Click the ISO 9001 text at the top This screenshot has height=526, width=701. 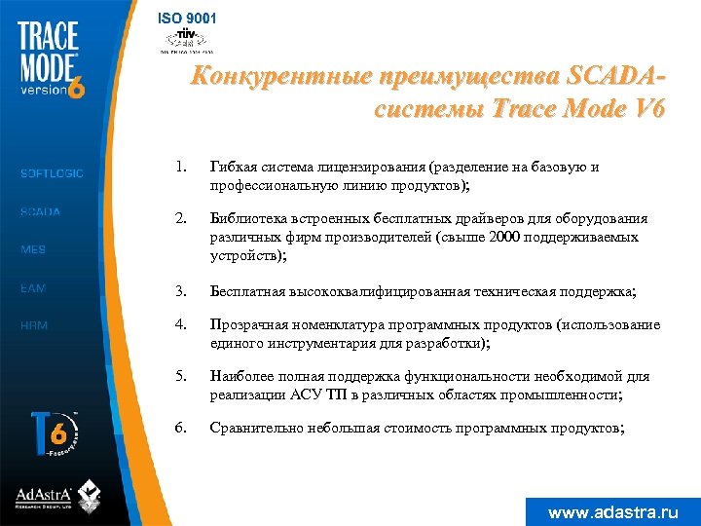[188, 18]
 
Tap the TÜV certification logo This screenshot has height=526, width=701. [186, 39]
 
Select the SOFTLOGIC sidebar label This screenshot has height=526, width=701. [52, 173]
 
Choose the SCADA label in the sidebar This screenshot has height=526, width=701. [40, 211]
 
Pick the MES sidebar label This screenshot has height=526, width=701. [33, 249]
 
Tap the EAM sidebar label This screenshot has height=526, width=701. [33, 288]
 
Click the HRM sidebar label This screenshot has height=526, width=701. [34, 326]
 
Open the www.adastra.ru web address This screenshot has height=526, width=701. [612, 511]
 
